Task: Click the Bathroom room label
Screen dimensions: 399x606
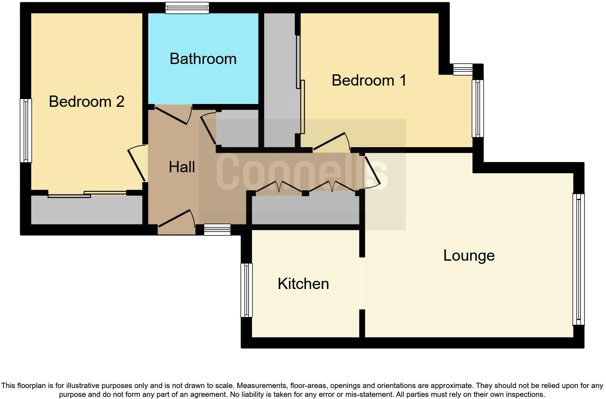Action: [203, 59]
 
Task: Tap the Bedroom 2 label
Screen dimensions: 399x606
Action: [86, 102]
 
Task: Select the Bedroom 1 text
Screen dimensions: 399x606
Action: [368, 80]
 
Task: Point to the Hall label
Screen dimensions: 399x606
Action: [182, 167]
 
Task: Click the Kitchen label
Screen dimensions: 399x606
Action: [303, 284]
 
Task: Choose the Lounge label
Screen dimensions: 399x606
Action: [469, 255]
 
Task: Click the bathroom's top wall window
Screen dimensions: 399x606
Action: [187, 8]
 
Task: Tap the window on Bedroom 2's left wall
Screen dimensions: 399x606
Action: [25, 130]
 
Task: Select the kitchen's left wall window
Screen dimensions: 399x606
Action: [247, 290]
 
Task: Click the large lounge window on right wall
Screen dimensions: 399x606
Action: [578, 259]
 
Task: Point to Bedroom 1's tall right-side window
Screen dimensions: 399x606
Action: [478, 108]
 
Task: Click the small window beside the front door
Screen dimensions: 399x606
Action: [217, 230]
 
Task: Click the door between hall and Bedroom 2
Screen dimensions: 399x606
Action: [136, 163]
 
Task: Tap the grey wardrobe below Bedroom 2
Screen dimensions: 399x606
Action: [87, 210]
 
